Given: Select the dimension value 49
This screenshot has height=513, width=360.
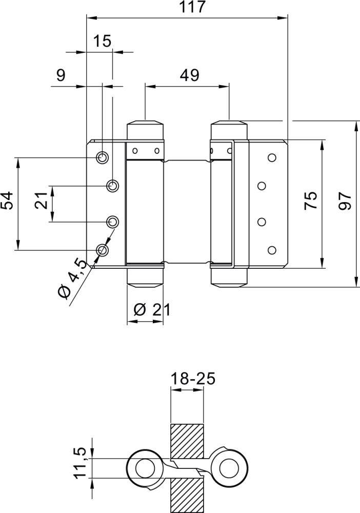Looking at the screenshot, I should [x=189, y=75].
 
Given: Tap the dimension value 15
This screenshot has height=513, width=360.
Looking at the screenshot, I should [x=103, y=41].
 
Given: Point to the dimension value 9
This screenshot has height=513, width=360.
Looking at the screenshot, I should [x=61, y=75].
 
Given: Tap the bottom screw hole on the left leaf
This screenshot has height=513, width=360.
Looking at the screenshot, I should [x=103, y=250].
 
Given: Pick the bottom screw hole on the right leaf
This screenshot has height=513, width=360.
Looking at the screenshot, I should [x=271, y=250].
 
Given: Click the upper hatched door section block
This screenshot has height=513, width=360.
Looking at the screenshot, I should [x=187, y=442].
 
